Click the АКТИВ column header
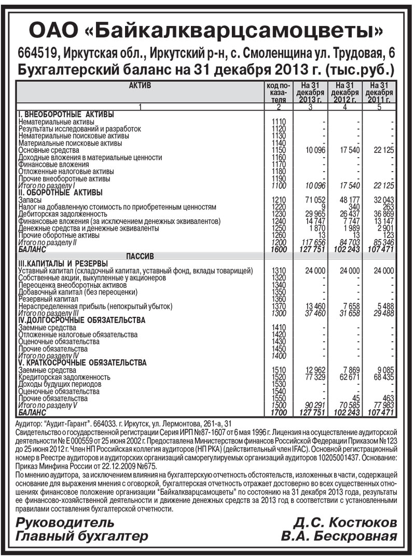click(140, 86)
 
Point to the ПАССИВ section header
click(140, 256)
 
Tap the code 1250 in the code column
click(279, 228)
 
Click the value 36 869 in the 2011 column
click(383, 214)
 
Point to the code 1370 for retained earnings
click(279, 306)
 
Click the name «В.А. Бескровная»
click(339, 536)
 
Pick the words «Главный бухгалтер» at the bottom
click(82, 536)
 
